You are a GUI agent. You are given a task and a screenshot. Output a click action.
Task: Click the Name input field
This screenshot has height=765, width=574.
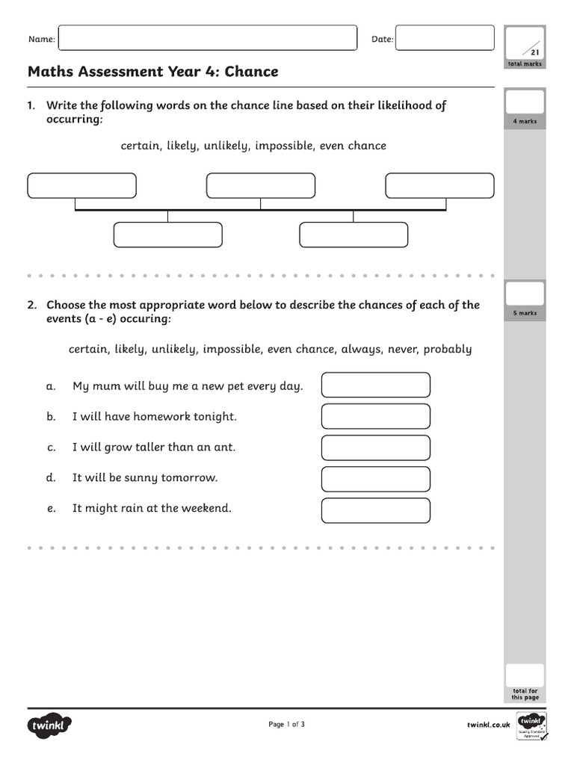point(207,38)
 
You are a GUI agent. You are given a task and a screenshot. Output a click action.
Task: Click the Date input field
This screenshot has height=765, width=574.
point(445,38)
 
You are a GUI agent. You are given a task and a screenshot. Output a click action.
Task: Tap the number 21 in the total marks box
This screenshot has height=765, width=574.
point(534,52)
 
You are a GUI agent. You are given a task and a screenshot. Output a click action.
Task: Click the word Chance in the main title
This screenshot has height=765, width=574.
point(251,72)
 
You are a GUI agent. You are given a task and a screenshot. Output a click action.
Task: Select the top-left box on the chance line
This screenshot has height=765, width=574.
point(82,186)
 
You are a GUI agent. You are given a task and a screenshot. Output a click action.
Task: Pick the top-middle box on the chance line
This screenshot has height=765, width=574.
point(261,186)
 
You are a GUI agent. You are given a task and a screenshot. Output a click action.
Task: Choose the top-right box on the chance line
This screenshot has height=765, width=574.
point(439,186)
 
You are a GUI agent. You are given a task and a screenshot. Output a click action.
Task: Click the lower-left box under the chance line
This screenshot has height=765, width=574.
point(167,235)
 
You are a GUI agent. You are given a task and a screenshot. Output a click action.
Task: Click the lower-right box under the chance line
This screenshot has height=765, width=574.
point(354,235)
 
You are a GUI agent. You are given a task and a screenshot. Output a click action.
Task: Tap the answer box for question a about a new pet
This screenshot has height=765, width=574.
point(376,385)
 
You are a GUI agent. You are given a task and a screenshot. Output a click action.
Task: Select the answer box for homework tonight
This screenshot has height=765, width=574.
point(376,416)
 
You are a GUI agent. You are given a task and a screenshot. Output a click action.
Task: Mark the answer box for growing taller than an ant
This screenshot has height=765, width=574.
point(376,447)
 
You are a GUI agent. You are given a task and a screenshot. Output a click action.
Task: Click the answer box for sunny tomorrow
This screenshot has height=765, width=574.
point(376,479)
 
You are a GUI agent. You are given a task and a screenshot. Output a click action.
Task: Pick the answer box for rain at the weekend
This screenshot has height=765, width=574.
point(376,510)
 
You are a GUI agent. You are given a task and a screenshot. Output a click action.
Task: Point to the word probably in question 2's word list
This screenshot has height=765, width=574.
point(447,350)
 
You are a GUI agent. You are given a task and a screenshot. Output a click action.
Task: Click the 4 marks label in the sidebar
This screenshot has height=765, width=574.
point(525,121)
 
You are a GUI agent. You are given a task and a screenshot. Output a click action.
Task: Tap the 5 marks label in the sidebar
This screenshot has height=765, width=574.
point(525,313)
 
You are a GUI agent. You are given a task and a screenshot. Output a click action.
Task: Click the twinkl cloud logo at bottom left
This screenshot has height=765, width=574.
point(50,725)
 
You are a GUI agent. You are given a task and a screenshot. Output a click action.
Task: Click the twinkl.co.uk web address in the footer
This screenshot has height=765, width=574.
point(488,725)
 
